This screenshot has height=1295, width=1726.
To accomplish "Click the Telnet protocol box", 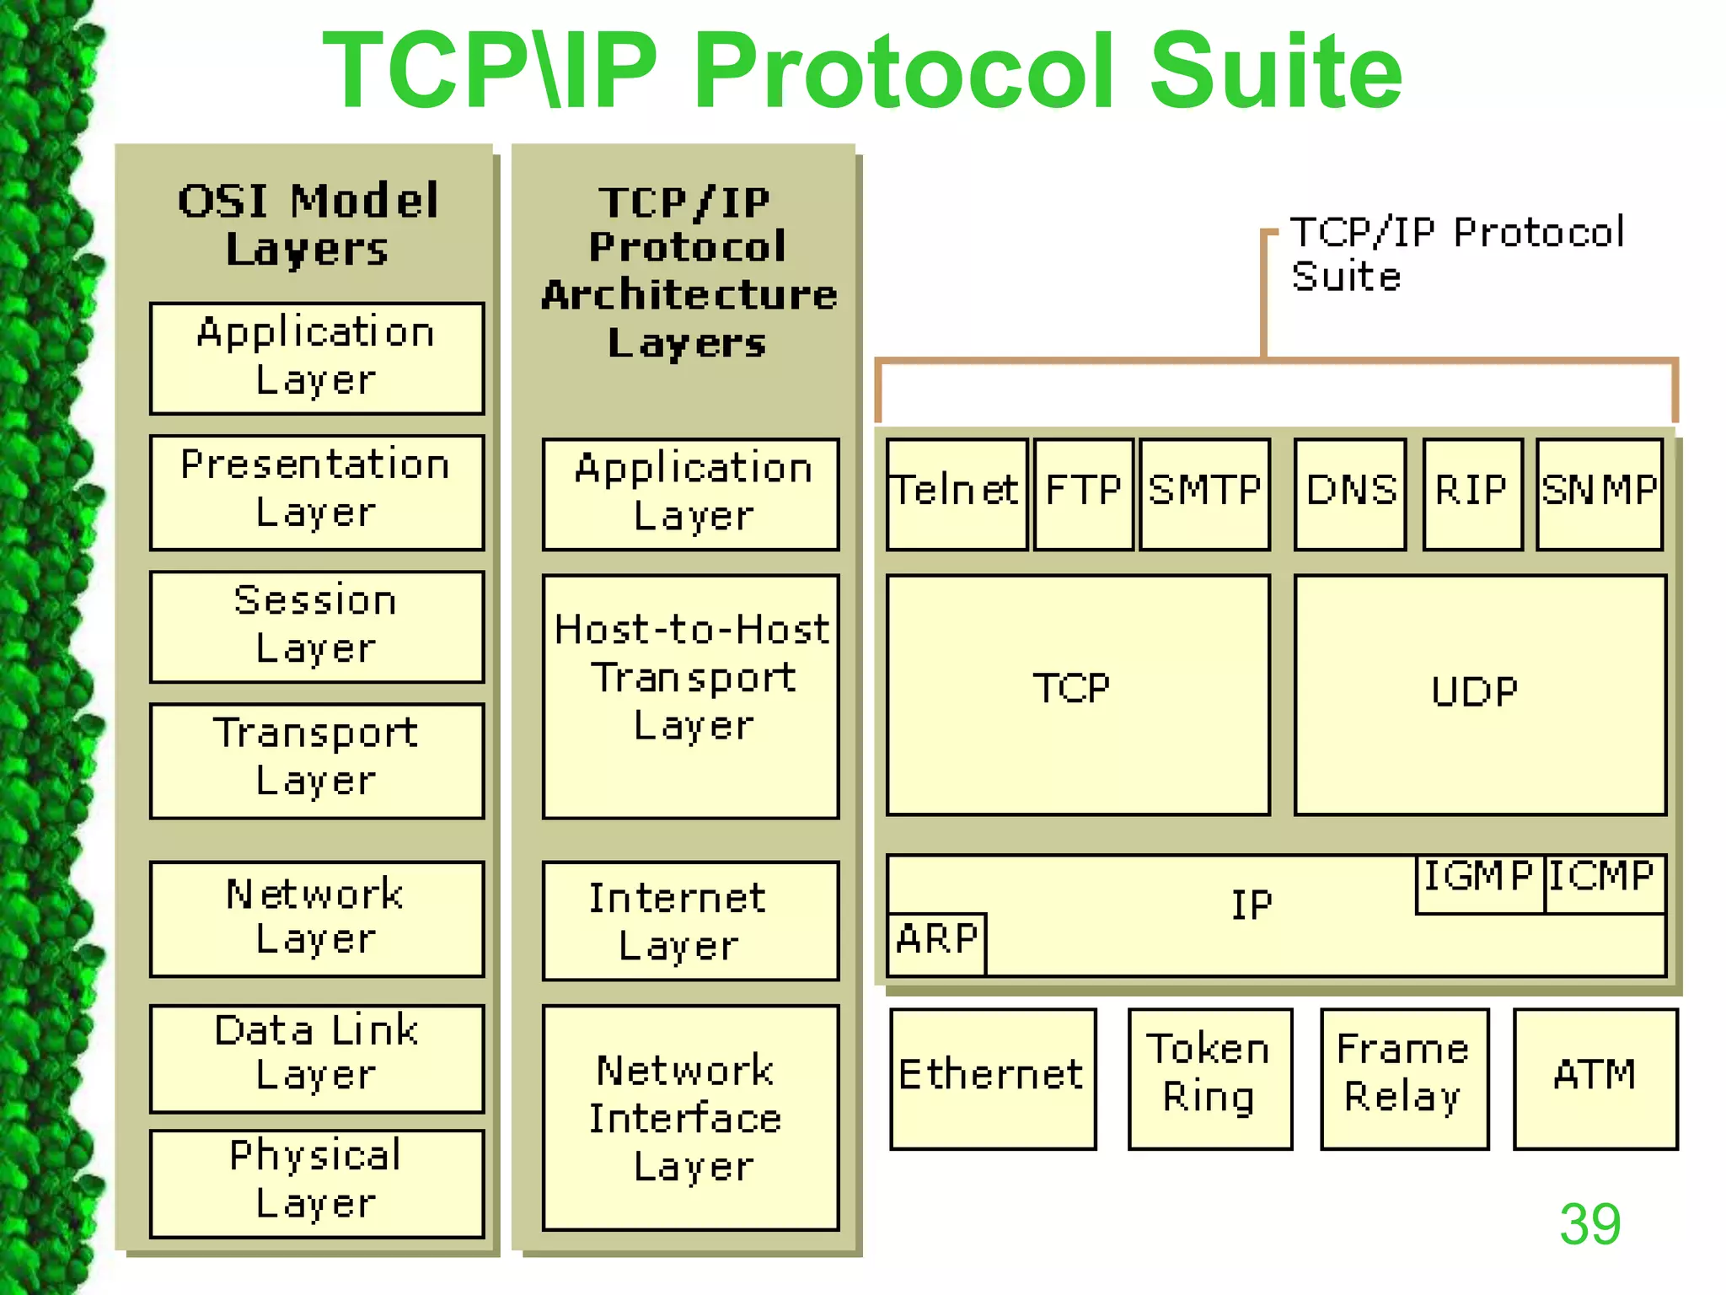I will pos(957,493).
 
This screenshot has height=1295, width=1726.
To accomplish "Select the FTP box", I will pos(1083,493).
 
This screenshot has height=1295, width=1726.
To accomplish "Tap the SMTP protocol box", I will pos(1204,493).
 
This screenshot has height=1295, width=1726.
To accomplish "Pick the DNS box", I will pos(1350,493).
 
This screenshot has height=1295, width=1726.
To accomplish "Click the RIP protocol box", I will pos(1472,493).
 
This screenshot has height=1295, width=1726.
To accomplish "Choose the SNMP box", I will pos(1599,493).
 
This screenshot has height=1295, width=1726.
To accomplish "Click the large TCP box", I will pos(1077,695).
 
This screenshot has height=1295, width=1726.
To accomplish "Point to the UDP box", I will pos(1479,695).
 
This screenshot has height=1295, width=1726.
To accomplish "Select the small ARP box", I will pos(936,943).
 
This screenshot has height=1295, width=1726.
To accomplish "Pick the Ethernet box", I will pos(993,1077).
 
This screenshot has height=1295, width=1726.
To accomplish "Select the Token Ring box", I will pos(1209,1077).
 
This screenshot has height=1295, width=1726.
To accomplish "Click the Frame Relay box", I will pos(1404,1077).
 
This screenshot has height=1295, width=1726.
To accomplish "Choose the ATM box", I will pos(1595,1077).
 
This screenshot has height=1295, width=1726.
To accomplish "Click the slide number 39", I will pos(1589,1223).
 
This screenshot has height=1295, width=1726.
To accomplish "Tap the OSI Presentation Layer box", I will pos(317,492).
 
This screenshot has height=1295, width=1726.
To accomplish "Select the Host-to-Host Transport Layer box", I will pos(690,695).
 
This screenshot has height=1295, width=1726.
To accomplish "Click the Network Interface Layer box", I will pos(690,1116).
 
